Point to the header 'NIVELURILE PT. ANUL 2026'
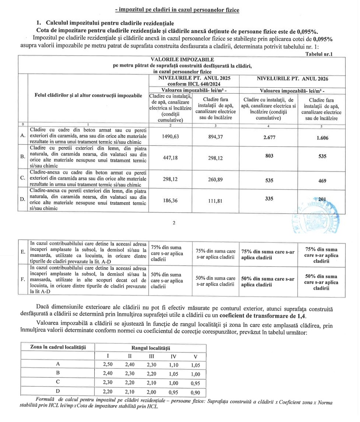pyautogui.click(x=292, y=79)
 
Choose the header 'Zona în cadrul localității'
pyautogui.click(x=57, y=347)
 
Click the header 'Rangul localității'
pyautogui.click(x=150, y=348)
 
